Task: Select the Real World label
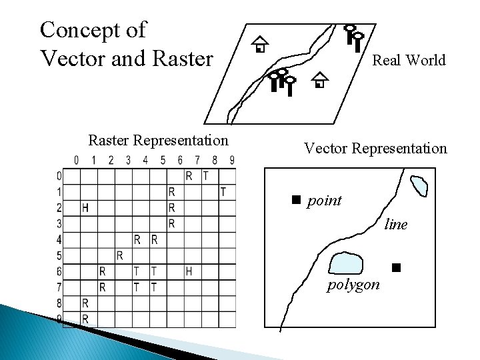tap(409, 61)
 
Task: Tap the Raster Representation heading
tap(158, 140)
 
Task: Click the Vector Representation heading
tap(375, 148)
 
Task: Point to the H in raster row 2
tap(85, 208)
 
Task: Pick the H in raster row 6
tap(189, 271)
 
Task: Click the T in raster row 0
tap(206, 176)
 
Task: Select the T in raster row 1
tap(223, 192)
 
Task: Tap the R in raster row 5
tap(119, 255)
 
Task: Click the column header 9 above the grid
tap(232, 160)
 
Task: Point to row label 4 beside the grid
tap(59, 239)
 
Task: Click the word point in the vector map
tap(324, 201)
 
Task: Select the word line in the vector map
tap(396, 225)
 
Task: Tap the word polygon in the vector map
tap(353, 285)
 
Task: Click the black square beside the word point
tap(297, 199)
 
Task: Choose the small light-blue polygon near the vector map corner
tap(419, 185)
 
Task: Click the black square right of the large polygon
tap(395, 268)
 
